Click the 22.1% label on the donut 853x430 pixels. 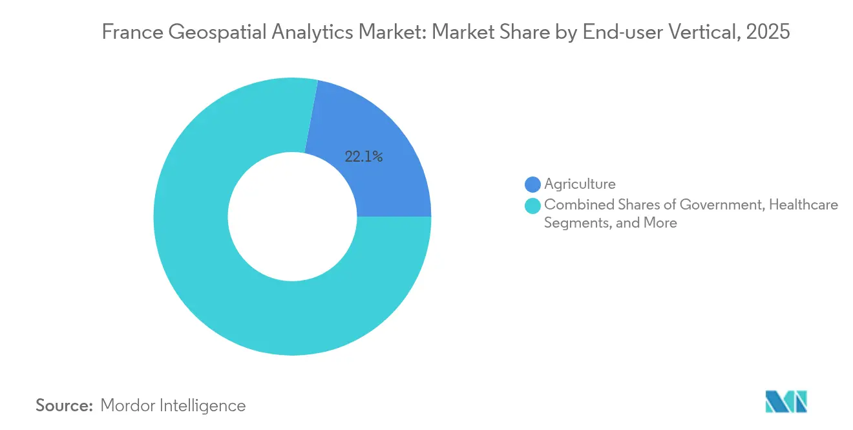coord(364,156)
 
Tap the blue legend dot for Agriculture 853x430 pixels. coord(532,184)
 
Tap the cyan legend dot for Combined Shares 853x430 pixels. coord(532,206)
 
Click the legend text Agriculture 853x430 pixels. coord(580,184)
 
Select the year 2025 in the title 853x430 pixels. coord(768,32)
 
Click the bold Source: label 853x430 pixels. coord(65,405)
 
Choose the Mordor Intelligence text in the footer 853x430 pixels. coord(173,405)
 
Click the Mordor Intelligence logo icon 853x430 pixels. coord(786,402)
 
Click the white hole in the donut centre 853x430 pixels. coord(292,217)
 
